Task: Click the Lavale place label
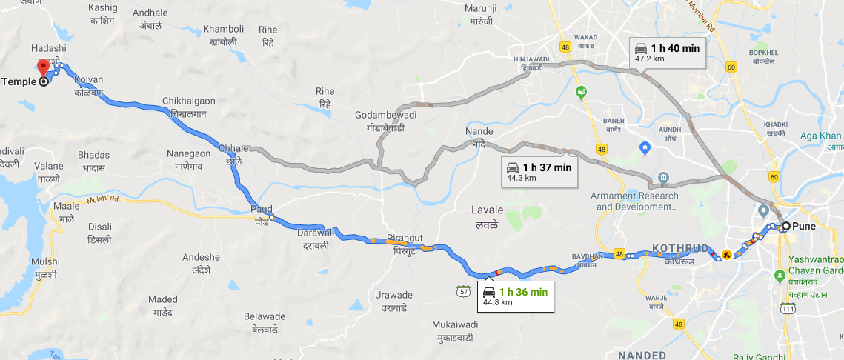pos(487,216)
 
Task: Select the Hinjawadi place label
pos(531,62)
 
